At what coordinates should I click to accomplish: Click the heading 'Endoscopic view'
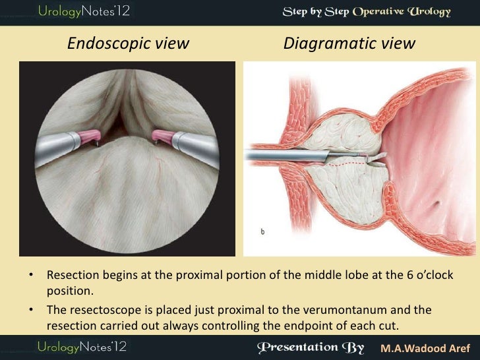[x=129, y=44]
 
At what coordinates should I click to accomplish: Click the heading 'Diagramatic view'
[x=349, y=44]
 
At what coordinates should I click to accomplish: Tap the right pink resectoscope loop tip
[x=160, y=136]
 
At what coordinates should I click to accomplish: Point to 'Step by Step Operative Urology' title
[x=367, y=12]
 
